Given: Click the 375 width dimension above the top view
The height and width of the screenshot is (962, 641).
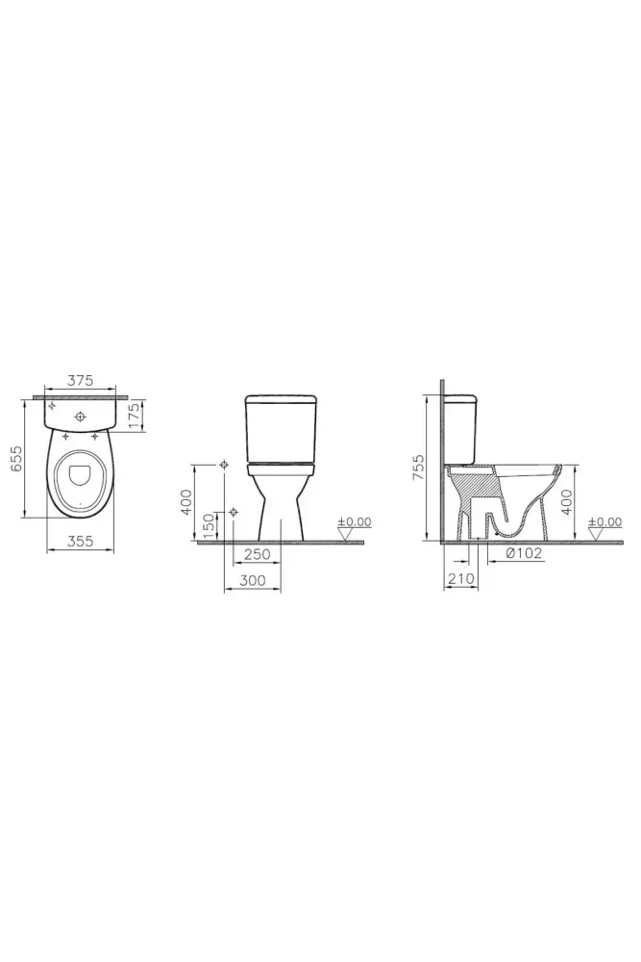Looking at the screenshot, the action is point(81,380).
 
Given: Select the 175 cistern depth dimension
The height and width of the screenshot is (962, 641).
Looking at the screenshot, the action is point(137,416).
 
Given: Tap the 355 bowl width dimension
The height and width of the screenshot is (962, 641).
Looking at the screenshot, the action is point(81,541).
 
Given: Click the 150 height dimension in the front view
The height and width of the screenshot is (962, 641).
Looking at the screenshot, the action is point(209,526).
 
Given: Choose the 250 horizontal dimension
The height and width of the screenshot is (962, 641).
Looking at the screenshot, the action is point(258,554).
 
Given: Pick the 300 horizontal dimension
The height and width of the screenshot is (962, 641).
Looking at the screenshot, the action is point(253,580).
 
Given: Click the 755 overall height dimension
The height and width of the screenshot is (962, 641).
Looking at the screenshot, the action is point(419,468).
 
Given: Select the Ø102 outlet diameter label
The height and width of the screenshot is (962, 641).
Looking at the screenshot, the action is point(524,553).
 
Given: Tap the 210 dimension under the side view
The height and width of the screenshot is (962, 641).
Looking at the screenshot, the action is point(461,578).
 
